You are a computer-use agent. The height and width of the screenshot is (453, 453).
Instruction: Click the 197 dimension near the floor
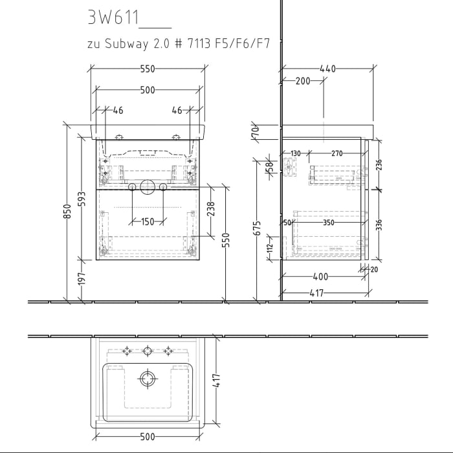(81, 279)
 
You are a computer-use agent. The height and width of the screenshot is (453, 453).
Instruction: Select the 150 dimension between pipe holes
(147, 222)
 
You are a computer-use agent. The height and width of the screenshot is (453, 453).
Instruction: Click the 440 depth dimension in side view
(328, 68)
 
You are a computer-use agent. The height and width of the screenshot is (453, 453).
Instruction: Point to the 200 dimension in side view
(302, 81)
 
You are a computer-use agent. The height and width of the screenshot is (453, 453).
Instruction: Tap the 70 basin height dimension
(255, 131)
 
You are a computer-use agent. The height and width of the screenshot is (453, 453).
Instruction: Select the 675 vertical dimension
(257, 228)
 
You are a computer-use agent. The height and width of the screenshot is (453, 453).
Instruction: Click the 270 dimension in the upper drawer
(337, 154)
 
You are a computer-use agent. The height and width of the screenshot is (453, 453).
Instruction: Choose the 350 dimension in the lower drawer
(329, 223)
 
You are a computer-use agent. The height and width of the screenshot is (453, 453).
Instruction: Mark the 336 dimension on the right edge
(379, 225)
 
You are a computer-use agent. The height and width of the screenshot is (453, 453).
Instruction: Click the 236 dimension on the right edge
(379, 165)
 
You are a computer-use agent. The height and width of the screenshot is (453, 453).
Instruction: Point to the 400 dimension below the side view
(320, 276)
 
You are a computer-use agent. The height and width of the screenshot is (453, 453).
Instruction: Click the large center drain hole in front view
(147, 188)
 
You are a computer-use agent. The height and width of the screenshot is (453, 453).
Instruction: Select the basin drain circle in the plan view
(148, 379)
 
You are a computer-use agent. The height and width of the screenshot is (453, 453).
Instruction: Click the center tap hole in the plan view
(148, 351)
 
